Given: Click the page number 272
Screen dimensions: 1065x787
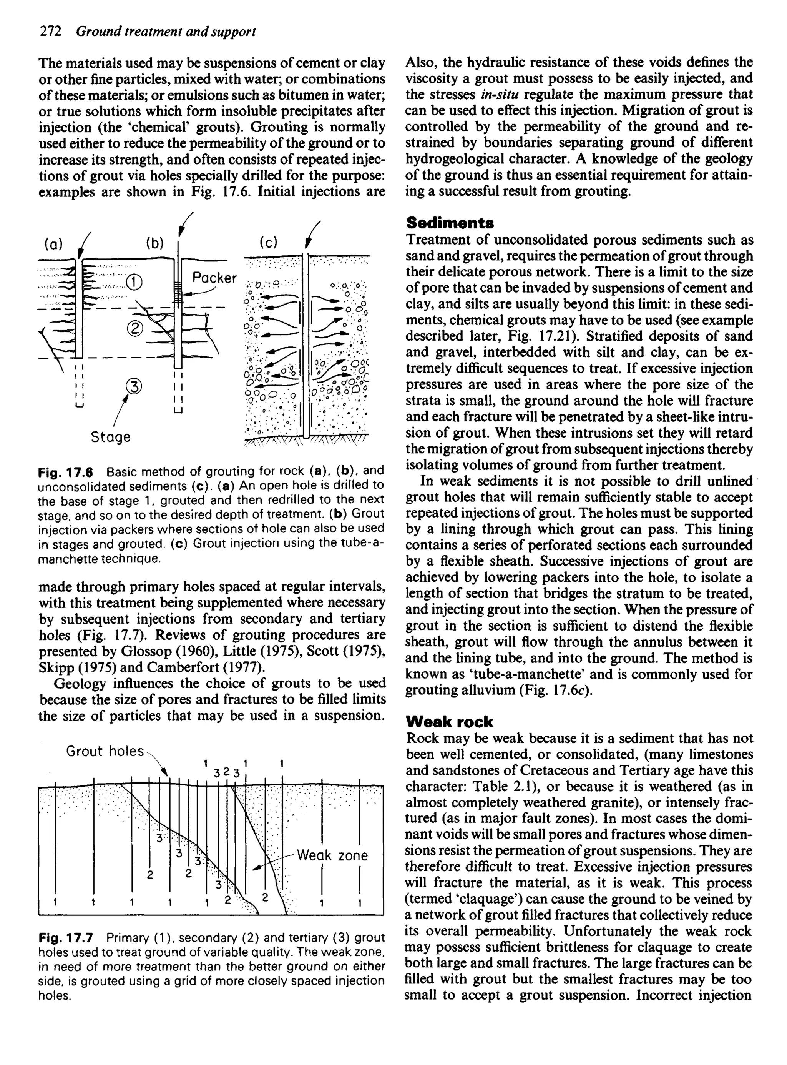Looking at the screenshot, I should point(50,32).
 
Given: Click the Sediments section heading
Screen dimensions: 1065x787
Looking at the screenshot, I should point(450,223).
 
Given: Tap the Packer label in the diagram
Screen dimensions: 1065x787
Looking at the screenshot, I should point(214,278).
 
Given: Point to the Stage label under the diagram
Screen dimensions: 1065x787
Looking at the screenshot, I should point(111,436).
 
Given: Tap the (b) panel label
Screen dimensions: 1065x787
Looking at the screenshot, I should point(155,243).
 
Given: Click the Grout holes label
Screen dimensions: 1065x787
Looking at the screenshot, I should point(105,751).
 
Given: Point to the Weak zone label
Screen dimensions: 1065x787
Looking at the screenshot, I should point(332,855).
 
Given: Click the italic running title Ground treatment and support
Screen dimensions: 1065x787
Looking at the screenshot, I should point(166,32).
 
